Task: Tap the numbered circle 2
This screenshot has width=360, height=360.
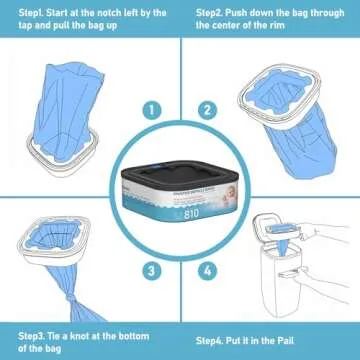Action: pos(208,110)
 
